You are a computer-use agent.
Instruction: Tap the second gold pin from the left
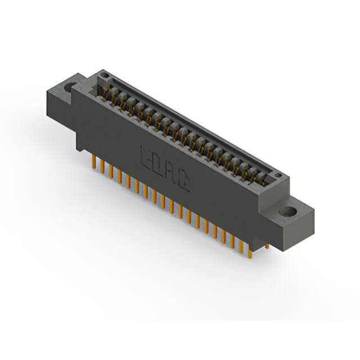coord(102,167)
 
